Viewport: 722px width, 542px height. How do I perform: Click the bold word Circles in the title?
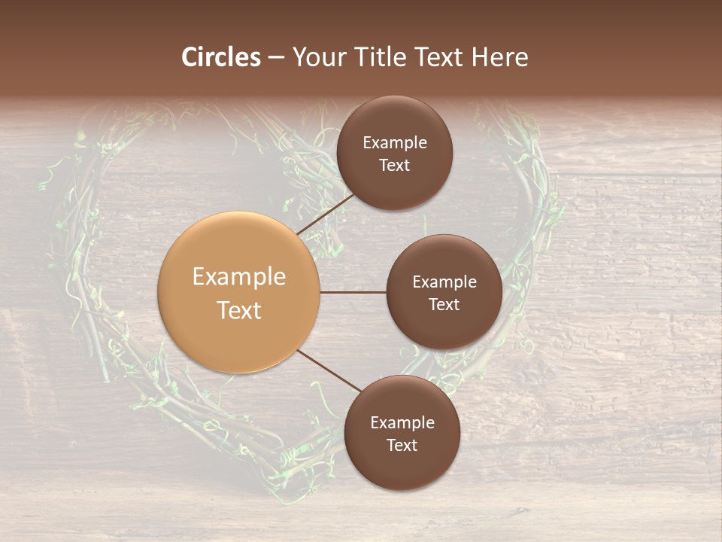click(x=221, y=57)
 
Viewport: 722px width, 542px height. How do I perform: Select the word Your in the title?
click(x=317, y=57)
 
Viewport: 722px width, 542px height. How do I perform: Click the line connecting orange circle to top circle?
click(x=325, y=214)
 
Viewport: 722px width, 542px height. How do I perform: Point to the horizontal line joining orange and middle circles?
click(x=353, y=292)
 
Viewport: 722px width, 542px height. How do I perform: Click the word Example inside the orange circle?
click(x=239, y=277)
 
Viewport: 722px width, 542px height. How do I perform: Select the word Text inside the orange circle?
click(x=239, y=310)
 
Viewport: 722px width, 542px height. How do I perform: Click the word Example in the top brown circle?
click(x=395, y=142)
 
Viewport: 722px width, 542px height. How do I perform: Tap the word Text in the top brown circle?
click(x=395, y=165)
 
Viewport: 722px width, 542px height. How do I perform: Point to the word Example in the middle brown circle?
click(x=444, y=282)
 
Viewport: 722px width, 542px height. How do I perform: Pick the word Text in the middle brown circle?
click(x=444, y=304)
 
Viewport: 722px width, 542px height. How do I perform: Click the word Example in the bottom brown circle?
click(x=402, y=423)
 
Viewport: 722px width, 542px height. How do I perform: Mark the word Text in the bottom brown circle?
click(x=402, y=445)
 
